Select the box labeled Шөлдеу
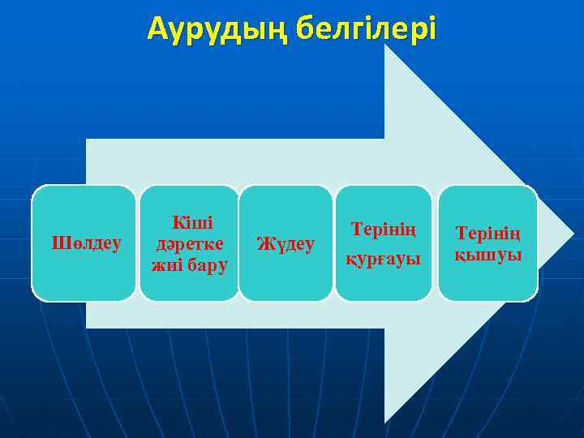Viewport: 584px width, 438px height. tap(84, 243)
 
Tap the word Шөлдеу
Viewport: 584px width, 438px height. tap(87, 243)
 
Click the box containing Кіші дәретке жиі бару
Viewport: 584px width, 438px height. tap(190, 243)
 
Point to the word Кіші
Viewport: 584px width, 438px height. tap(191, 221)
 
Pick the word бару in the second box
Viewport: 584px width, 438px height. tap(208, 264)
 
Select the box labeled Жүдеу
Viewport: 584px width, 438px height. tap(286, 243)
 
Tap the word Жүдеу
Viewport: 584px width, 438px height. tap(286, 243)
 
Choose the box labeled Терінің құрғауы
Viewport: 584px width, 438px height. tap(384, 243)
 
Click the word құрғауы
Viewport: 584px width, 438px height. tap(384, 260)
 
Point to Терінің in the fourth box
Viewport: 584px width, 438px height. tap(384, 229)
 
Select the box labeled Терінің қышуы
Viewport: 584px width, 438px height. tap(487, 243)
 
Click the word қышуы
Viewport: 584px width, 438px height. tap(487, 255)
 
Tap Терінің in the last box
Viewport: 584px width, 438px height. tap(487, 234)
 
